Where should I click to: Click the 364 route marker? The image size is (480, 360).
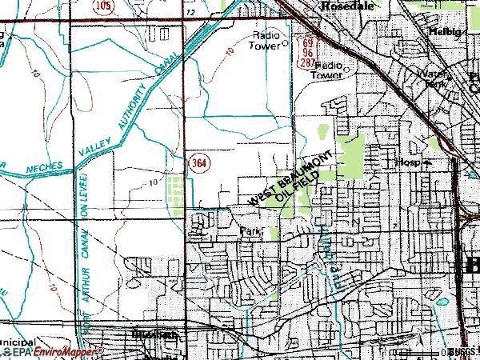pyautogui.click(x=202, y=162)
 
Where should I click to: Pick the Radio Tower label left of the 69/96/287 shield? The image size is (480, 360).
pyautogui.click(x=266, y=40)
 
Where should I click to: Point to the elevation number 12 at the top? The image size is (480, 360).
pyautogui.click(x=190, y=13)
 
